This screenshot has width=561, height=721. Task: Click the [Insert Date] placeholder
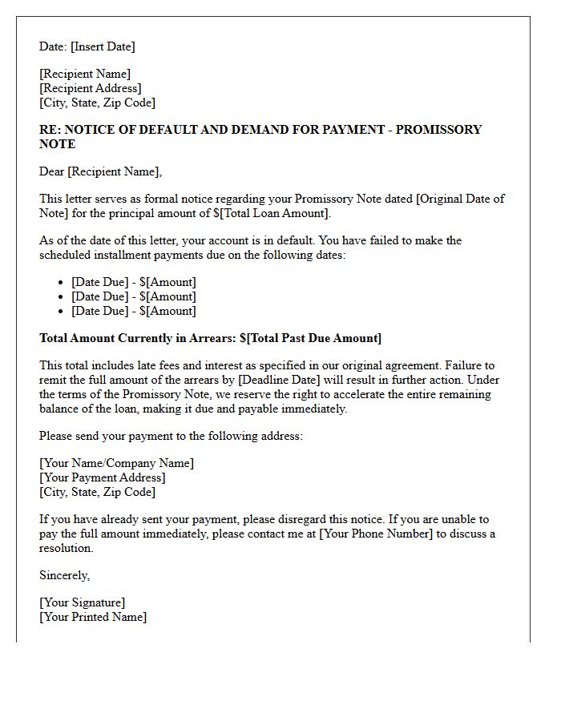coord(103,46)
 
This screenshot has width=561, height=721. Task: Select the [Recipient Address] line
coord(91,88)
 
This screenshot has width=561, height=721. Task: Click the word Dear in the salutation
coord(51,171)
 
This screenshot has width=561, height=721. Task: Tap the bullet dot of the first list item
coord(62,283)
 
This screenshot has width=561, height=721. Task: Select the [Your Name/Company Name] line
coord(116,463)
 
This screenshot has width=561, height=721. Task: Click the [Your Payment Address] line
coord(103,477)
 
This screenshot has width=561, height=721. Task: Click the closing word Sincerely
coord(64,575)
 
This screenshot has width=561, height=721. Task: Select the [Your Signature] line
coord(82,602)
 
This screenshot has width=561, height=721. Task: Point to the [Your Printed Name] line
coord(93,617)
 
